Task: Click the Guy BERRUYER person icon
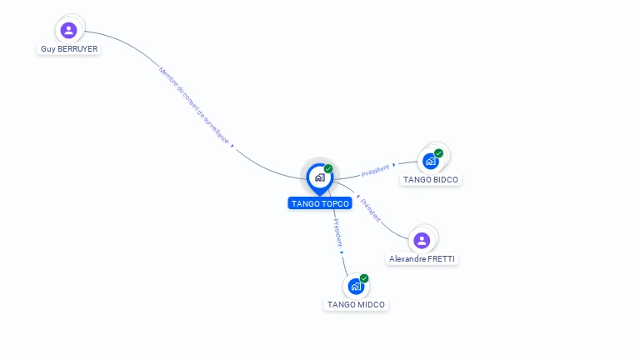69,31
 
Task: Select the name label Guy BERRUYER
69,49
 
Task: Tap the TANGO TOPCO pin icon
319,177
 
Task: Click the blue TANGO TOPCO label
320,203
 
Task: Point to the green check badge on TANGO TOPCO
328,169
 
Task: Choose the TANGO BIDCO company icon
431,161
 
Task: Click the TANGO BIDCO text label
431,180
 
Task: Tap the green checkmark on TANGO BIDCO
439,153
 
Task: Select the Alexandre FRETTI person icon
422,241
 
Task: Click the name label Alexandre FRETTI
422,259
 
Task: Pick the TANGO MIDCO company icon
356,287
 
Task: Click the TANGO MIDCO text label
357,305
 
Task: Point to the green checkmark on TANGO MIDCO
364,278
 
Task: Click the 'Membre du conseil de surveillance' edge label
193,106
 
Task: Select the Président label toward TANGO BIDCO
375,170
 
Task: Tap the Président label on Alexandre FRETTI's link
372,212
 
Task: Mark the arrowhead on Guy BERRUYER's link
232,147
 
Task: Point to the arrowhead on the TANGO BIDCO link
394,165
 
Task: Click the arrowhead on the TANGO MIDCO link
342,252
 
